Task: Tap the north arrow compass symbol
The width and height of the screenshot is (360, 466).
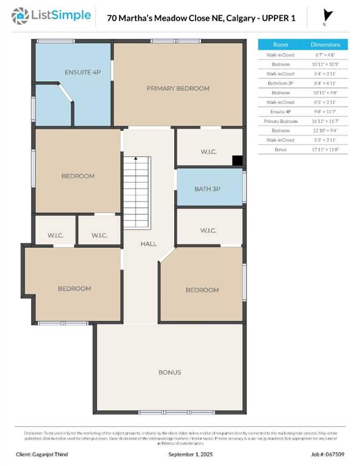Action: (328, 16)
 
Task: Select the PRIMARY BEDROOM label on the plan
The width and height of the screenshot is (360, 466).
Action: (178, 89)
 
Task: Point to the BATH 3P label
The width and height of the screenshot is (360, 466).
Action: (207, 189)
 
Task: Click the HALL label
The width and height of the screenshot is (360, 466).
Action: (149, 244)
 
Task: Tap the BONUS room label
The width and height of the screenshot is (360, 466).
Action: (170, 372)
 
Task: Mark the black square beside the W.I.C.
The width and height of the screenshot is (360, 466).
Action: (238, 161)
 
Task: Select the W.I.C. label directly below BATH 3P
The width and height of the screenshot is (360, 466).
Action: (207, 231)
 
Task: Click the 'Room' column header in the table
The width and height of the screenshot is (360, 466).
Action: (280, 45)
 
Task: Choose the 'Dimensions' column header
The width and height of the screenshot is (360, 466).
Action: (325, 45)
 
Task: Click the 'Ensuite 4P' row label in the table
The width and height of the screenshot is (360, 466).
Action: (280, 112)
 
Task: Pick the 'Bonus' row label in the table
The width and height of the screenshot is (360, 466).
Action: (280, 149)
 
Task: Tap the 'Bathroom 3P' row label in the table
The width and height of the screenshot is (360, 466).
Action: (280, 83)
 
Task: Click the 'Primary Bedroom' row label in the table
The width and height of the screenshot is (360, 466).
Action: (280, 121)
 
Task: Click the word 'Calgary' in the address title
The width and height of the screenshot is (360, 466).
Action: (242, 18)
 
